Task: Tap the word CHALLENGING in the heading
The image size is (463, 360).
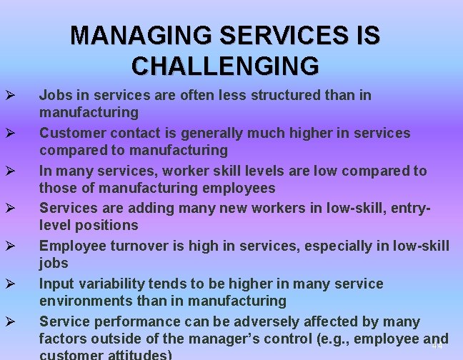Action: (x=225, y=66)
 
